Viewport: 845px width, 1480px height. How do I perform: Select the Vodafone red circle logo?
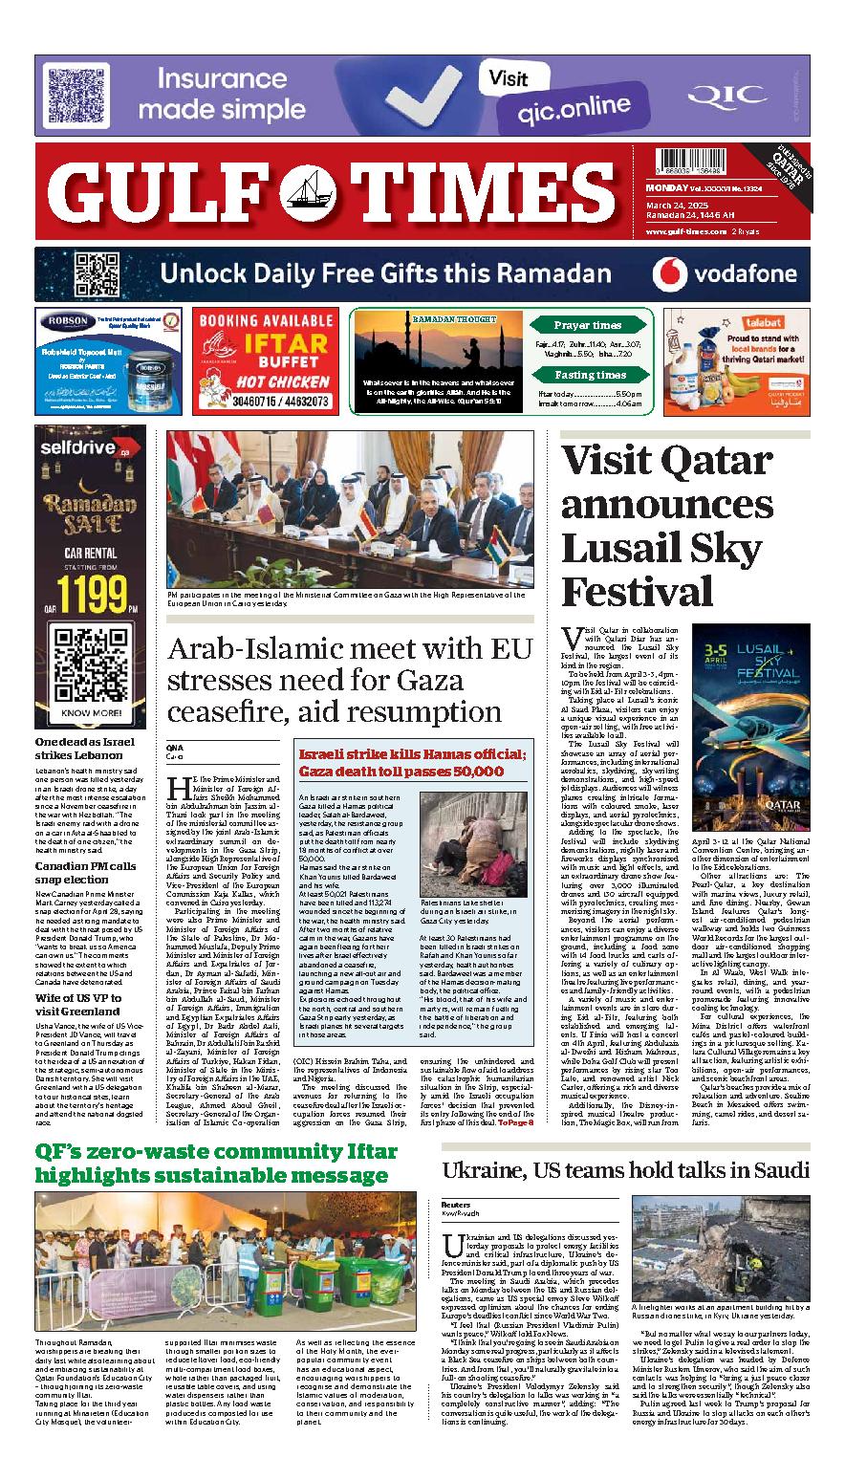click(671, 274)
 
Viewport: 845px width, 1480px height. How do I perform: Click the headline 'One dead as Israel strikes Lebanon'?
click(85, 748)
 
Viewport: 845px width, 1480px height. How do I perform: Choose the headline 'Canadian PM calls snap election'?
click(85, 872)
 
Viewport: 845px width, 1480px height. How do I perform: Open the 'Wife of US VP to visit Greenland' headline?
click(77, 1004)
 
